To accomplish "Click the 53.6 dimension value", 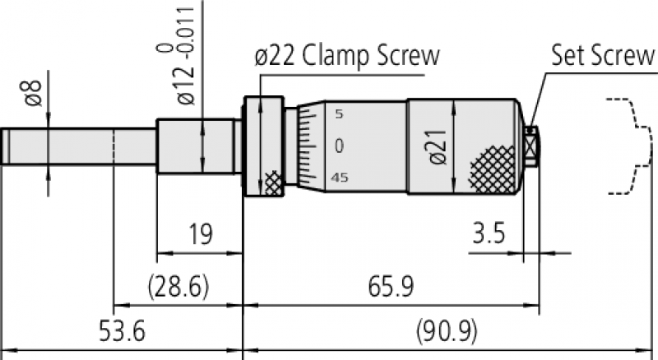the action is tap(122, 330).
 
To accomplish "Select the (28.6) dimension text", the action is tap(178, 287).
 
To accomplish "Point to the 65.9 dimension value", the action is tap(391, 287).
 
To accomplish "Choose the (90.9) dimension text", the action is tap(447, 330).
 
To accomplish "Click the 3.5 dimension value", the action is tap(489, 233).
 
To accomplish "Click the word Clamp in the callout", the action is tap(336, 56).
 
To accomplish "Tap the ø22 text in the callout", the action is tap(275, 56).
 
